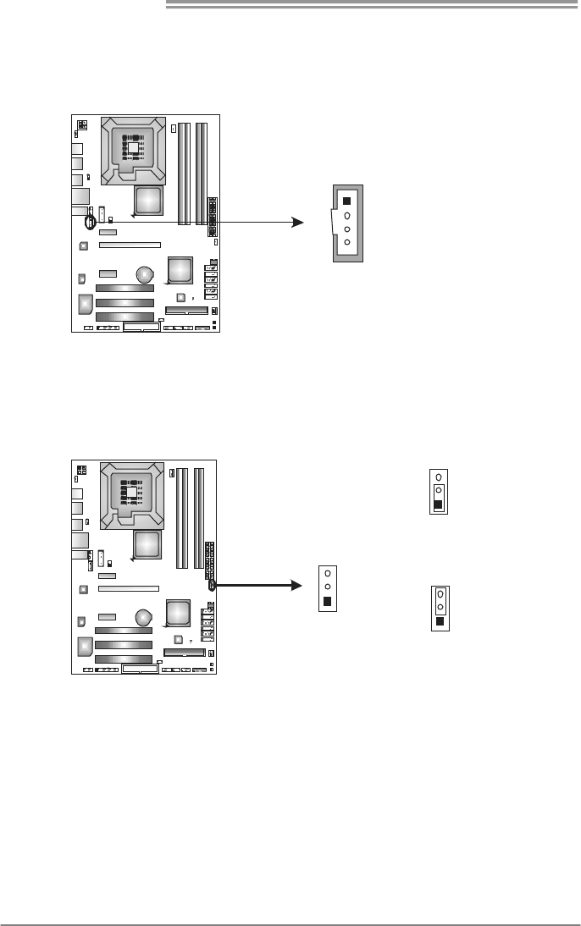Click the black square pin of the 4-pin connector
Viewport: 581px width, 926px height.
pyautogui.click(x=346, y=201)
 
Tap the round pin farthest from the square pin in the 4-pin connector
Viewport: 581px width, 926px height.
pyautogui.click(x=346, y=244)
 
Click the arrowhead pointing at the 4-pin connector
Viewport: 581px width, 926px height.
pyautogui.click(x=296, y=222)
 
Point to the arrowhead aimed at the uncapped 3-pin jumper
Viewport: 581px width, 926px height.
pyautogui.click(x=296, y=584)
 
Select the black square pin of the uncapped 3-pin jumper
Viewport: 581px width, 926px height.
pyautogui.click(x=328, y=602)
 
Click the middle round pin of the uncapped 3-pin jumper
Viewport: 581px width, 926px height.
pyautogui.click(x=328, y=587)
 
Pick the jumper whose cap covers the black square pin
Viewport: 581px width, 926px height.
pyautogui.click(x=438, y=491)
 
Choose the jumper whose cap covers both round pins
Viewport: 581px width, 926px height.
pyautogui.click(x=440, y=608)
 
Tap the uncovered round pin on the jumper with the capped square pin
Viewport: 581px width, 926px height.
pyautogui.click(x=438, y=477)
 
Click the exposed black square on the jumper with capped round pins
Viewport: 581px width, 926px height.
pyautogui.click(x=440, y=622)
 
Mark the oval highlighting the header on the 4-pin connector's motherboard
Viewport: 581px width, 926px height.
pyautogui.click(x=90, y=223)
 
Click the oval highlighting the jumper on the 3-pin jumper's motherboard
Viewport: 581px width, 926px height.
pyautogui.click(x=210, y=584)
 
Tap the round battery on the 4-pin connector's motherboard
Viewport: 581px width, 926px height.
pyautogui.click(x=146, y=273)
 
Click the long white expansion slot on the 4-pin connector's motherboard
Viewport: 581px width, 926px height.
pyautogui.click(x=129, y=246)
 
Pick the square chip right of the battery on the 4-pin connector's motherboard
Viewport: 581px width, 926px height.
pyautogui.click(x=180, y=270)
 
